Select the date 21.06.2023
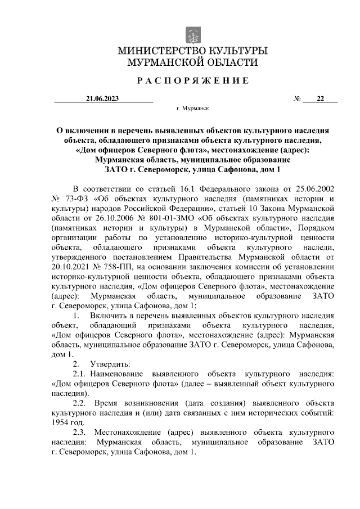[x=103, y=99]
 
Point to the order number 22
[x=320, y=99]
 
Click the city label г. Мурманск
[x=193, y=110]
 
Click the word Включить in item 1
[x=111, y=317]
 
